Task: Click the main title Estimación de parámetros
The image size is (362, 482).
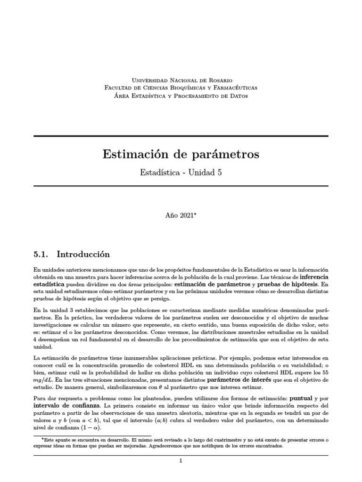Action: pyautogui.click(x=181, y=154)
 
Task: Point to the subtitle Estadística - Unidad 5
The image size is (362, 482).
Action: pyautogui.click(x=181, y=173)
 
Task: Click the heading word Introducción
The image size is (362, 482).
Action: pyautogui.click(x=83, y=255)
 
